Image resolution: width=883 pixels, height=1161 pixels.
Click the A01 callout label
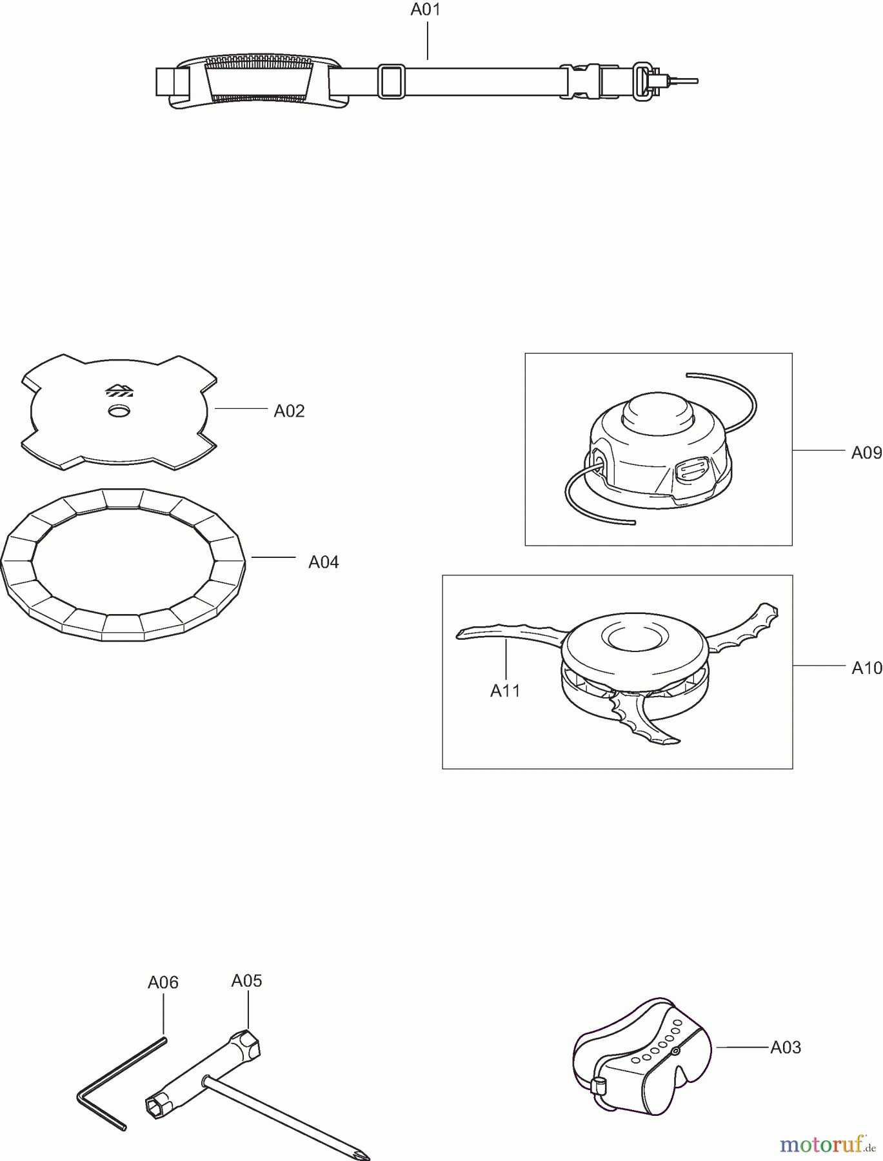tap(426, 11)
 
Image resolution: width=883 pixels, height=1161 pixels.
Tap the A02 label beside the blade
tap(289, 411)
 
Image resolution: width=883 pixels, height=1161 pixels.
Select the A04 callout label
tap(323, 562)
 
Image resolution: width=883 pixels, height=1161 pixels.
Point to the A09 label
tap(866, 453)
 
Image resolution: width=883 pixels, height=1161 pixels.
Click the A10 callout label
tap(866, 668)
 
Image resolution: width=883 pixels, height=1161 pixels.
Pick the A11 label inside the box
tap(505, 691)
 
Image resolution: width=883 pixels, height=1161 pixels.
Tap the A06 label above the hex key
tap(163, 982)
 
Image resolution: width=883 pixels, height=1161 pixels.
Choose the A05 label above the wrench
tap(246, 981)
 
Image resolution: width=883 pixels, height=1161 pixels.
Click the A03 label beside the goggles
tap(786, 1047)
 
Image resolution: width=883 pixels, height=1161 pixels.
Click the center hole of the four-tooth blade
tap(119, 411)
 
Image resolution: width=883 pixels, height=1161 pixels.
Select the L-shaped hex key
tap(121, 1082)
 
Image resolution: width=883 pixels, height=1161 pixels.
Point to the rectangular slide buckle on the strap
tap(391, 81)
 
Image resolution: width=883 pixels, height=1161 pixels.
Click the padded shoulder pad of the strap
tap(258, 81)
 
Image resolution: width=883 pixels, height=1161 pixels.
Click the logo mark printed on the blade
tap(119, 390)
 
